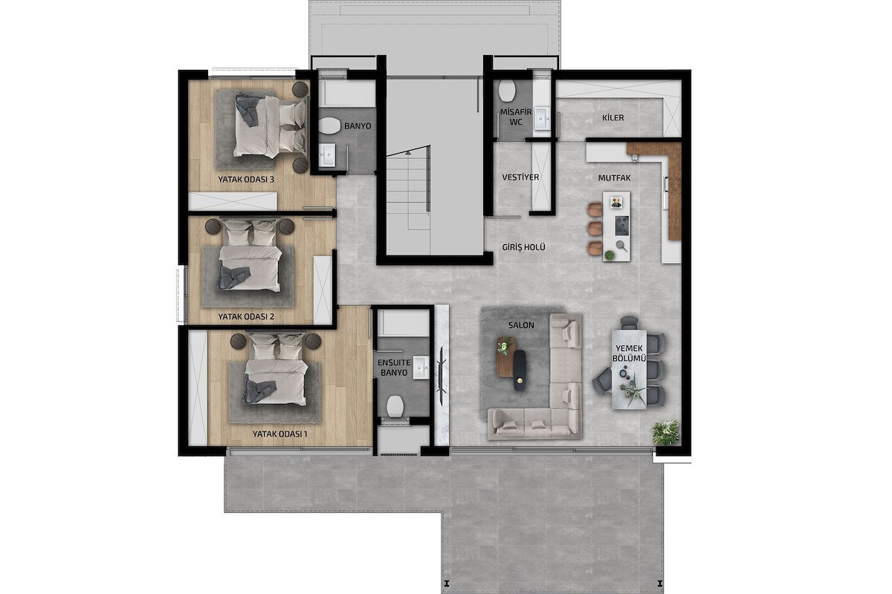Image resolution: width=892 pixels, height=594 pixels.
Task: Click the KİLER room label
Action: [613, 118]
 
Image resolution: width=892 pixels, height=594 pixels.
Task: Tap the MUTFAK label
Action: [614, 178]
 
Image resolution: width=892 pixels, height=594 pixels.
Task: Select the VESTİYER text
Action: [520, 177]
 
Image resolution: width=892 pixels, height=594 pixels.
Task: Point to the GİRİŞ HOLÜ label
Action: [523, 247]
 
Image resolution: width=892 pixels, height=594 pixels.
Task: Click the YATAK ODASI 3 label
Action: [246, 180]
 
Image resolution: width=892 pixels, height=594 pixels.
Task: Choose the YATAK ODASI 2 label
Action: [246, 317]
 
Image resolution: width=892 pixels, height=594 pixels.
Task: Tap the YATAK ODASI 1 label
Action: [279, 434]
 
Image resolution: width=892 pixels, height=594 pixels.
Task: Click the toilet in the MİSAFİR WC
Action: [507, 91]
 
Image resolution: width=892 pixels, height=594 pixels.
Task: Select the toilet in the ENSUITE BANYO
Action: [395, 406]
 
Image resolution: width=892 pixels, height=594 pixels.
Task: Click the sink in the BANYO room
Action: [327, 154]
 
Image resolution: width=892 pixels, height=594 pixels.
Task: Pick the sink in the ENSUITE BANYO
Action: [421, 368]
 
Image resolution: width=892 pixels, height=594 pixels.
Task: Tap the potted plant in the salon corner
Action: [665, 432]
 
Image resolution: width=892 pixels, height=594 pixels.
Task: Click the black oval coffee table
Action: [520, 370]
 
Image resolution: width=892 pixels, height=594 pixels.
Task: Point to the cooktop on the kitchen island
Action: [621, 225]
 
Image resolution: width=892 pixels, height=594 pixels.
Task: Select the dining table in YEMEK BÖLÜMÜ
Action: [629, 370]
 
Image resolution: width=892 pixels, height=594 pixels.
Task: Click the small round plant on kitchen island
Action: [610, 255]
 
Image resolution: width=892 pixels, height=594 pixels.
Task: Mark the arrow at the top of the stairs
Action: [408, 152]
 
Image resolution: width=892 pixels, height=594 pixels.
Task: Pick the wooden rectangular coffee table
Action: [505, 357]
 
